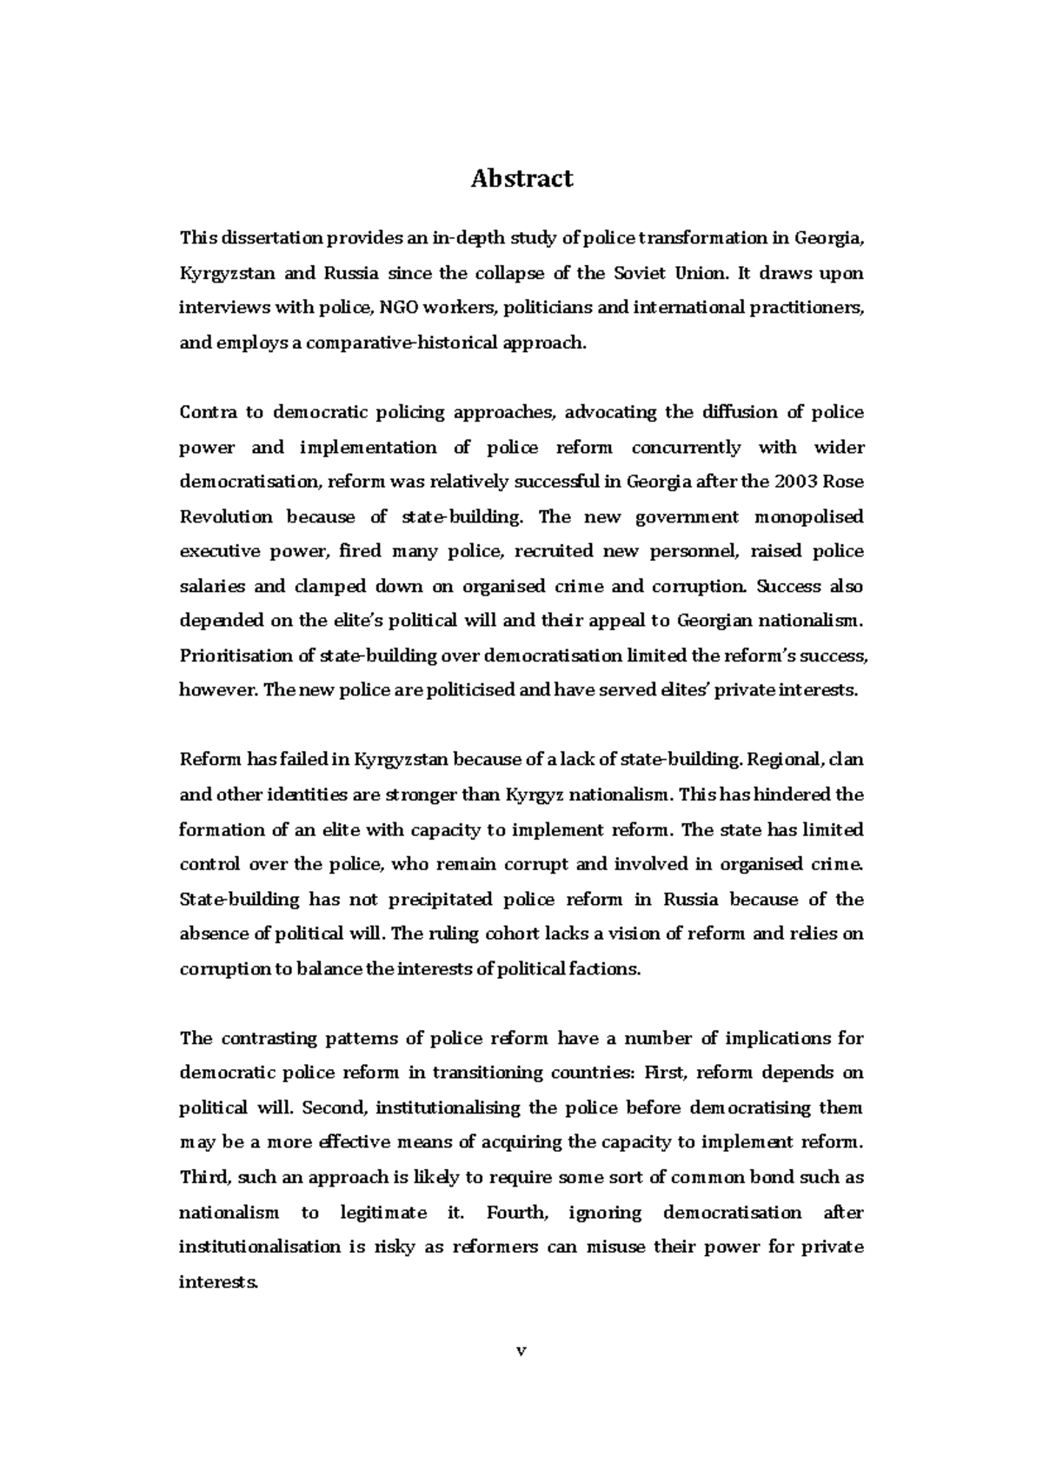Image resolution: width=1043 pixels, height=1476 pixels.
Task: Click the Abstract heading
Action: coord(521,179)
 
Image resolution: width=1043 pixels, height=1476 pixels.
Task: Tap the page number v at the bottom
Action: coord(521,1351)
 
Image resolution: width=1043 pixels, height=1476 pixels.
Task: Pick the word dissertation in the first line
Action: coord(268,238)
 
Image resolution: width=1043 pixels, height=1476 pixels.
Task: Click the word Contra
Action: coord(208,412)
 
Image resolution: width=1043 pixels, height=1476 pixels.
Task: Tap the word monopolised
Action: coord(808,516)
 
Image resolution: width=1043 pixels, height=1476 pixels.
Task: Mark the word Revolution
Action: coord(226,516)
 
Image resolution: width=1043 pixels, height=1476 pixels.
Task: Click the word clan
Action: coord(846,760)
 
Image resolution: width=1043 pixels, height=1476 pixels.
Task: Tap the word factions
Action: coord(607,968)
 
